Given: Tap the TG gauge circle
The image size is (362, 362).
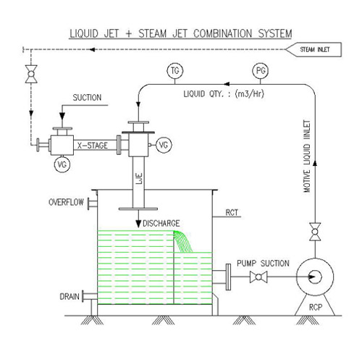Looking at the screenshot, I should coord(174,71).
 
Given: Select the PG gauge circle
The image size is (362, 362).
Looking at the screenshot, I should coord(261,71).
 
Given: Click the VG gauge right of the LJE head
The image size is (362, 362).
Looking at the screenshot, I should coord(164,146).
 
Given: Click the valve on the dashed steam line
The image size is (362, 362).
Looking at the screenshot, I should coord(30,76).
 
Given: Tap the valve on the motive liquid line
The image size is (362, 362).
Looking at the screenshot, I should coord(314,234).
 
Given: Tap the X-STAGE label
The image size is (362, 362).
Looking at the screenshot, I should coord(93,146).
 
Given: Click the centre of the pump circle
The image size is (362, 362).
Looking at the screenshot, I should coord(316,277).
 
